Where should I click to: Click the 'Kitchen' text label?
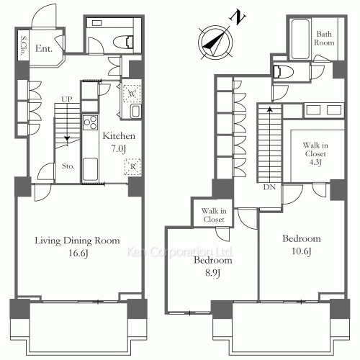point(115,136)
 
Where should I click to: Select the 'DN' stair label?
point(269,187)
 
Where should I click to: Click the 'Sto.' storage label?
point(68,166)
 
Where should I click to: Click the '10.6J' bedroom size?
point(301,251)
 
